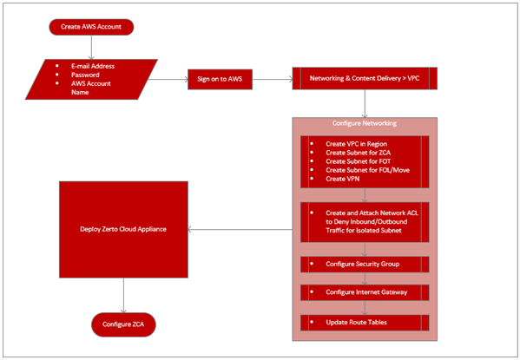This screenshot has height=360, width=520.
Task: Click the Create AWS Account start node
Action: click(x=91, y=27)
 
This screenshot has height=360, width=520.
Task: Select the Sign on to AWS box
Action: click(x=220, y=79)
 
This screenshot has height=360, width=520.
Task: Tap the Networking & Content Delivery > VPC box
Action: click(x=365, y=78)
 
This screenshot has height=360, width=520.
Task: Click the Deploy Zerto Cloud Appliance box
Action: click(x=123, y=229)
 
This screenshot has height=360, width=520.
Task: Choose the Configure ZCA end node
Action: click(x=123, y=324)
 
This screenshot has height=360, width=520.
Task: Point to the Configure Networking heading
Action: click(x=365, y=123)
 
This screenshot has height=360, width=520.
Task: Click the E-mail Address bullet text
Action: click(x=93, y=66)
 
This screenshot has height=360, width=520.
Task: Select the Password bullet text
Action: click(x=85, y=75)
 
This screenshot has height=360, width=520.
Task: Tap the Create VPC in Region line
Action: click(x=357, y=144)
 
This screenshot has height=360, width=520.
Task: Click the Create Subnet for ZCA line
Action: click(x=359, y=153)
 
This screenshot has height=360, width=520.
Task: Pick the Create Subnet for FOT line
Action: click(x=359, y=161)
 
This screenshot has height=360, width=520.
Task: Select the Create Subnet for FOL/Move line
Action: click(x=368, y=170)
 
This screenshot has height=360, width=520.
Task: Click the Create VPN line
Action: click(x=343, y=179)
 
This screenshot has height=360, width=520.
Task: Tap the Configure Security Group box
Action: click(x=365, y=265)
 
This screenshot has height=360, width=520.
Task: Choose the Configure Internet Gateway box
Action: click(x=365, y=292)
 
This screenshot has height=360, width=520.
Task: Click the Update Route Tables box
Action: click(x=365, y=323)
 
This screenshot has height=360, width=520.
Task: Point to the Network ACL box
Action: click(x=365, y=222)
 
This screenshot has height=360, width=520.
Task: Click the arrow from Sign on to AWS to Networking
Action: click(x=273, y=79)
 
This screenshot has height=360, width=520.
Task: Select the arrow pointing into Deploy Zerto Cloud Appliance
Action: click(x=240, y=229)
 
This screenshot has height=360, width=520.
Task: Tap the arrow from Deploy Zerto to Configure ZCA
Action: click(x=123, y=295)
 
